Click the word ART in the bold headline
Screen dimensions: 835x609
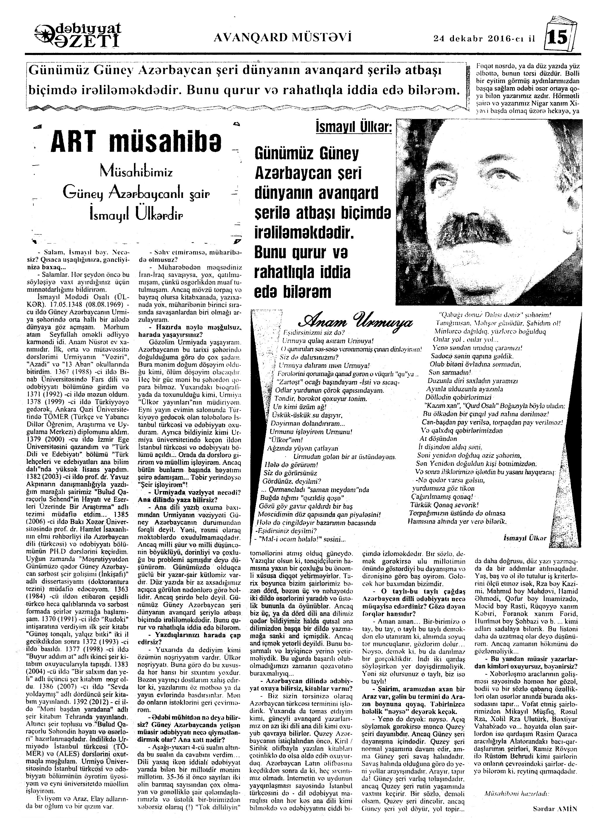(x=73, y=142)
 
